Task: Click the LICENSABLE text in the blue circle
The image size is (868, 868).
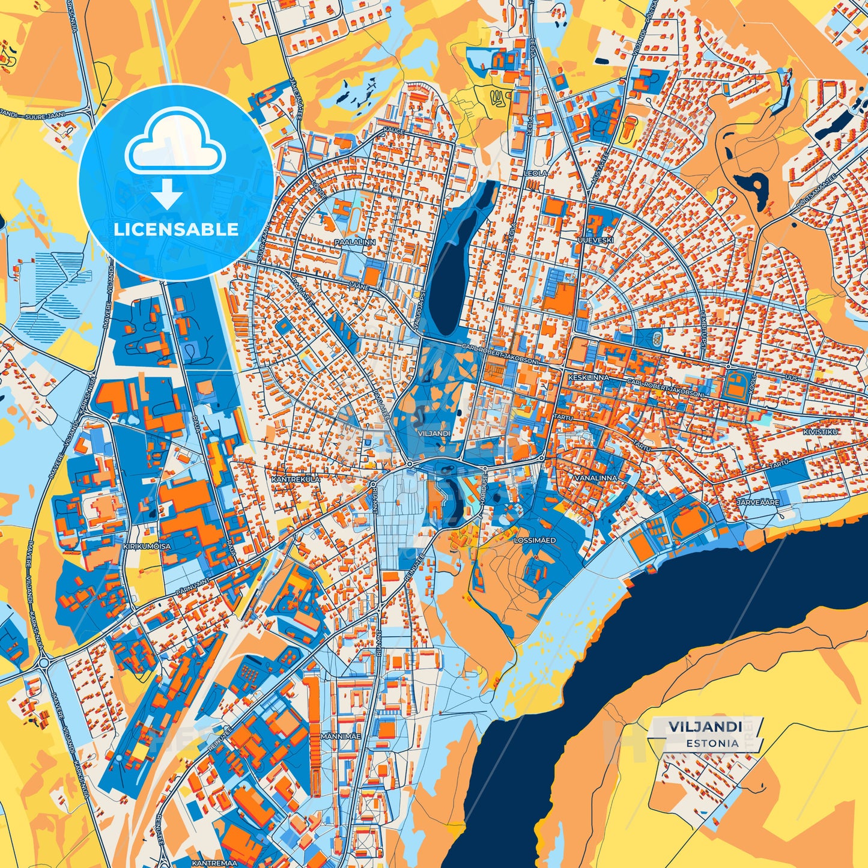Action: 176,229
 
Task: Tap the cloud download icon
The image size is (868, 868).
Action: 175,150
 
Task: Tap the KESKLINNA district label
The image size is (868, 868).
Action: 588,377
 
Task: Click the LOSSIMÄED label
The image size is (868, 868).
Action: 535,540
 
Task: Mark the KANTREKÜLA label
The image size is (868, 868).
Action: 296,480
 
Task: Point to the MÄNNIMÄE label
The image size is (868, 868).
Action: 340,736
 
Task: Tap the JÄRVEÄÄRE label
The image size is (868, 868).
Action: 759,502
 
